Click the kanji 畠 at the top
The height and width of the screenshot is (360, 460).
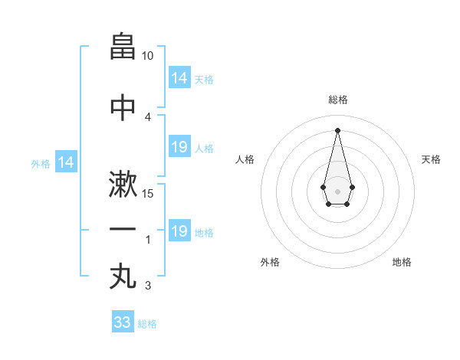123,47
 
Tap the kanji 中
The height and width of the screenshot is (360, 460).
123,108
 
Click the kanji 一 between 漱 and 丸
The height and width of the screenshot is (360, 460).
123,229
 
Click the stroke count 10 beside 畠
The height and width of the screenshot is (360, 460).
148,56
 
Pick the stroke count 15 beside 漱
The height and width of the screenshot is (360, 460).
148,193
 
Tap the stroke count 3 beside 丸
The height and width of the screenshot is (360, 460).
148,286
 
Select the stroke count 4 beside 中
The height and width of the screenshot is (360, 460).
148,116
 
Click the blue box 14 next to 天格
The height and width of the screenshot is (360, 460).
179,77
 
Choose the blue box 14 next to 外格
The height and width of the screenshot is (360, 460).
66,162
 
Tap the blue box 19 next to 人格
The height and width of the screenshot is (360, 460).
179,147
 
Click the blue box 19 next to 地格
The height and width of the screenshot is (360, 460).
179,231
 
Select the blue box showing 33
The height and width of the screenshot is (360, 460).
123,322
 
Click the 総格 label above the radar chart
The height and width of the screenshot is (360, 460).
338,100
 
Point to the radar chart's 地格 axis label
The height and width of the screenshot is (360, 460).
402,262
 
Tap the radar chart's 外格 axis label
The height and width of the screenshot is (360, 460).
270,262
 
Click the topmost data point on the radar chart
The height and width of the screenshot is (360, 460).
337,129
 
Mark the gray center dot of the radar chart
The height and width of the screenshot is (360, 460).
337,190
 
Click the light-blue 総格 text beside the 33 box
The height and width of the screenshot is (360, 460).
147,324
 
